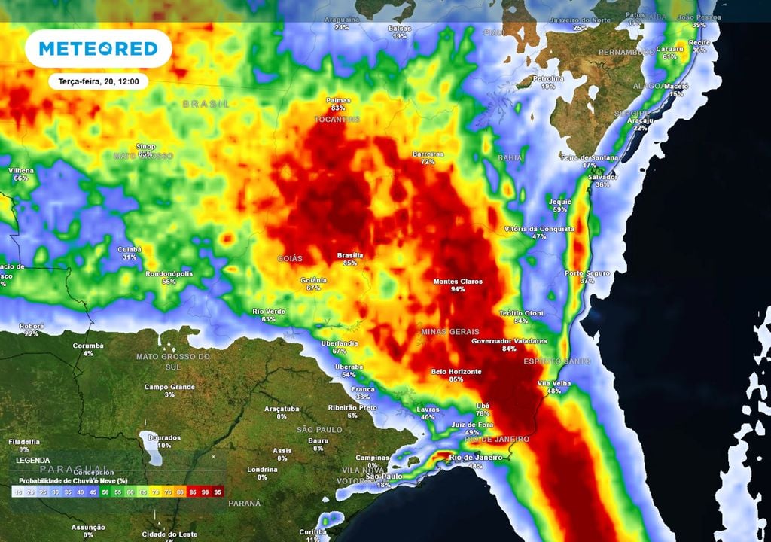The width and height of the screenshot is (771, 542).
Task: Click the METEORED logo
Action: (98, 49)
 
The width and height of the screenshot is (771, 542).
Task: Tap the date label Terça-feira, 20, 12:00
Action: (98, 81)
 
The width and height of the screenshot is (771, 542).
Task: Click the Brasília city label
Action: (349, 255)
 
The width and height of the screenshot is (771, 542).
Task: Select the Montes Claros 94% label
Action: (457, 285)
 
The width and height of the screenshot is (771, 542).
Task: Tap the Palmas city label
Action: (338, 100)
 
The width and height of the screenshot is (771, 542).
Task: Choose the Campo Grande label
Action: (169, 387)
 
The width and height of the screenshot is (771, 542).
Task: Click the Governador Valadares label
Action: (509, 340)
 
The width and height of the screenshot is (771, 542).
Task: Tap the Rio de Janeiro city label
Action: (475, 458)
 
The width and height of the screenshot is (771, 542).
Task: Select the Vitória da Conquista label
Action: (538, 229)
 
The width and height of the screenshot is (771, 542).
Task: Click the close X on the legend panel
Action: (213, 456)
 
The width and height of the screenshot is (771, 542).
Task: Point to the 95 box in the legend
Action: (218, 492)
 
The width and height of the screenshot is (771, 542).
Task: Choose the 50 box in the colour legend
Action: (105, 492)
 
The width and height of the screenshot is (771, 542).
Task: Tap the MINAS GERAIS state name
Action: (449, 331)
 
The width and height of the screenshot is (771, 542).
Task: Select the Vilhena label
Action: (20, 170)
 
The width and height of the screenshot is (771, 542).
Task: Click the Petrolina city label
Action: (547, 78)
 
